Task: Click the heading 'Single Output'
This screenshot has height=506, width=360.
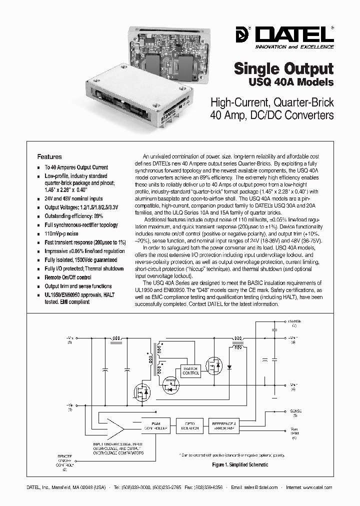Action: pos(284,68)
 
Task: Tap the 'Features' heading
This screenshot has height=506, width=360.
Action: pos(50,156)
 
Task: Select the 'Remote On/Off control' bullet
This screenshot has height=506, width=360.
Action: pos(68,277)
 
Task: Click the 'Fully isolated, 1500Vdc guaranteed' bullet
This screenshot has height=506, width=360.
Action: pos(81,260)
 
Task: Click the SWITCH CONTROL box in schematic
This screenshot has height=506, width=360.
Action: pos(190,370)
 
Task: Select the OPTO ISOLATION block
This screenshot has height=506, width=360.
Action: pos(188,425)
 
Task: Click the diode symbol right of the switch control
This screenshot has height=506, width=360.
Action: pos(229,366)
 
